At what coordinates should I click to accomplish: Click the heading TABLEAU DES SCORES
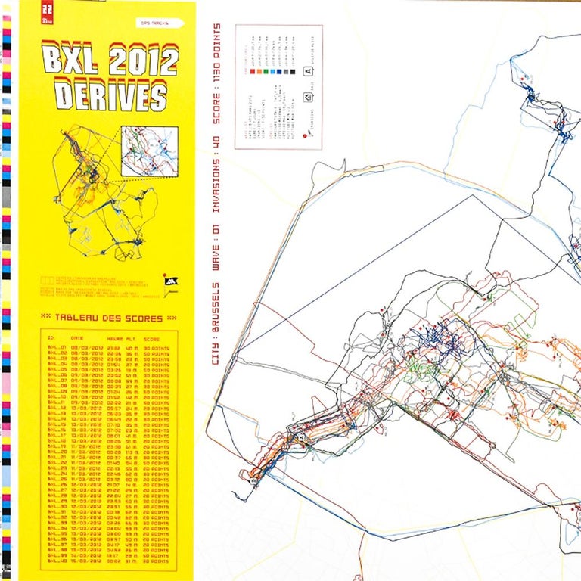point(110,316)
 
